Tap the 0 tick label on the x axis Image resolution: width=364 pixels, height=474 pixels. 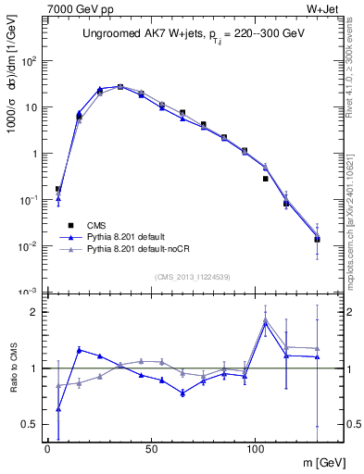click(47, 448)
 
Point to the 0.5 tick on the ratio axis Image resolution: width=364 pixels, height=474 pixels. click(29, 424)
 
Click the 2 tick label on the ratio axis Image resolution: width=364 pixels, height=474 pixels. click(33, 312)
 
